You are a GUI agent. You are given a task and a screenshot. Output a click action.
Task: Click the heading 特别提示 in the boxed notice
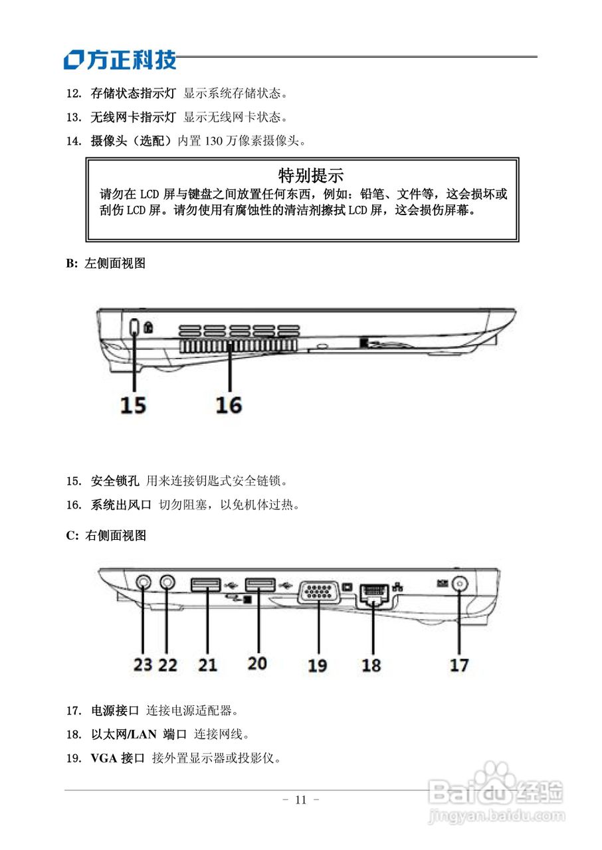(x=310, y=175)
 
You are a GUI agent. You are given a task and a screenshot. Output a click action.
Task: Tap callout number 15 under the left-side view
(x=133, y=404)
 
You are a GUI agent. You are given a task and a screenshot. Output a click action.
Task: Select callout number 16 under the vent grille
(x=229, y=404)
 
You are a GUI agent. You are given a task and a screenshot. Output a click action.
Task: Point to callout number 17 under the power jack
(x=459, y=664)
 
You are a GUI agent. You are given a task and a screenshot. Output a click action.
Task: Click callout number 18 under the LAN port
(x=371, y=664)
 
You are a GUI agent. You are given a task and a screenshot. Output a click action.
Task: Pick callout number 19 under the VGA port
(x=317, y=664)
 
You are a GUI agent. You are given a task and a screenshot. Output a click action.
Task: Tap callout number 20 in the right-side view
(x=257, y=663)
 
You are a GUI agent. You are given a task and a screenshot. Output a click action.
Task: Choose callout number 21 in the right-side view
(x=207, y=663)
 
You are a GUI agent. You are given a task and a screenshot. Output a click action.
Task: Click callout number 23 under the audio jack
(x=143, y=663)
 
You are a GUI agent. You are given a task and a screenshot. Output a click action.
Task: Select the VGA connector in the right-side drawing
(x=320, y=592)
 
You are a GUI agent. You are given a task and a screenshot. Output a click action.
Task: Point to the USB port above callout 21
(x=205, y=584)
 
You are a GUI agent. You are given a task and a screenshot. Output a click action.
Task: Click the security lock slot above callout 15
(x=134, y=328)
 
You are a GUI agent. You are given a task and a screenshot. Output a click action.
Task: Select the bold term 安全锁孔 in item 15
(x=114, y=480)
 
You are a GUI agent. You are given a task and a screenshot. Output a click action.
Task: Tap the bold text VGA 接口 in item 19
(x=118, y=758)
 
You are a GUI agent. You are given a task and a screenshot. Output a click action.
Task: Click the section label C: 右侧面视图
(x=106, y=536)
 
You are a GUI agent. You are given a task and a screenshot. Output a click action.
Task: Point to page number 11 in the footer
(x=300, y=800)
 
